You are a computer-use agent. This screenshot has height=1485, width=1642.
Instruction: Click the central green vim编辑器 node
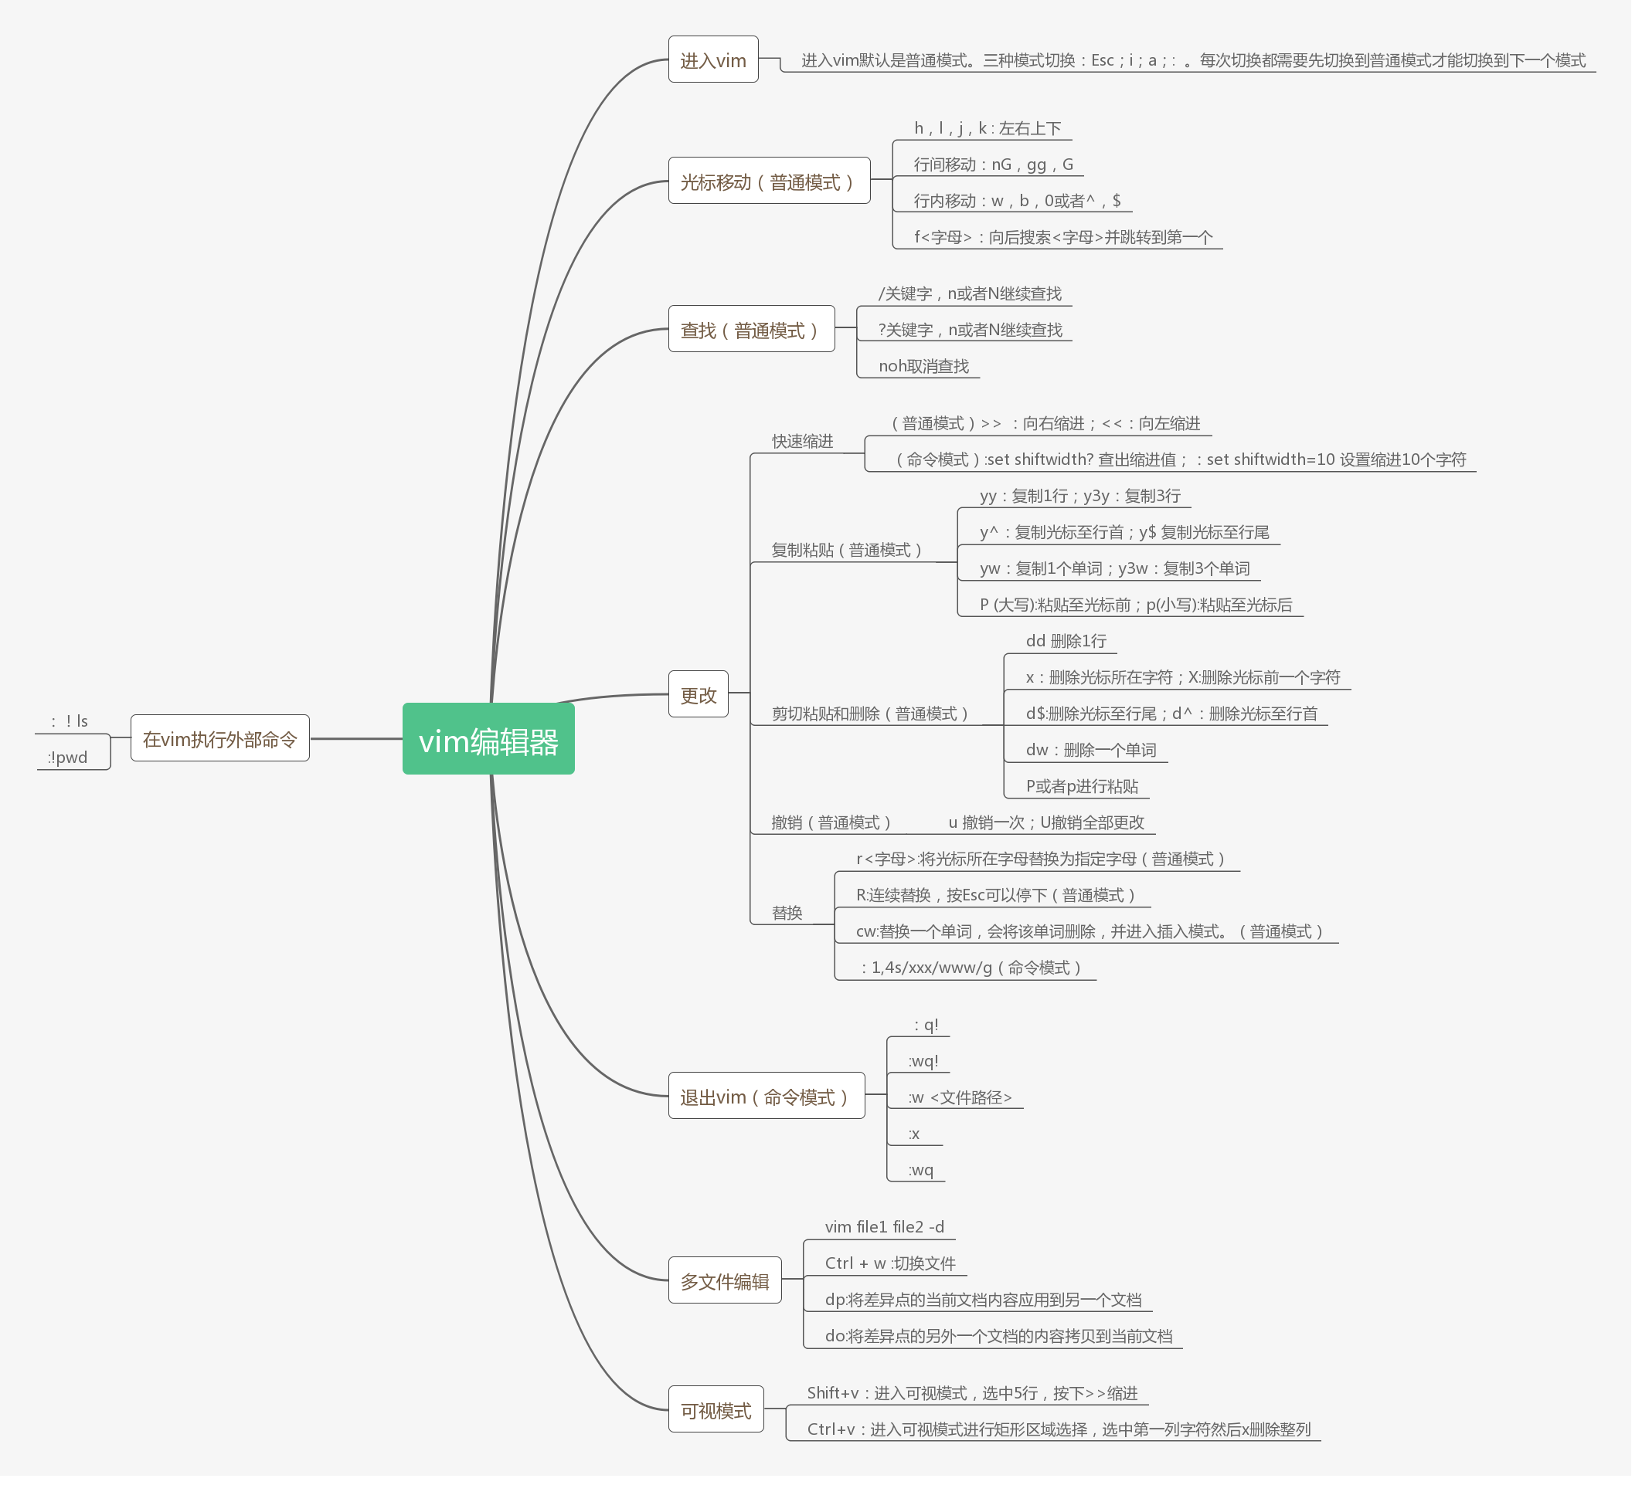click(488, 739)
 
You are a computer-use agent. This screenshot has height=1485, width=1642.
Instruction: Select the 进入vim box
click(712, 60)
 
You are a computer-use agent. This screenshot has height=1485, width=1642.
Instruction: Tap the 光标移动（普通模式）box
click(768, 181)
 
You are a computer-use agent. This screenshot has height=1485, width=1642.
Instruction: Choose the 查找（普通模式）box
click(750, 330)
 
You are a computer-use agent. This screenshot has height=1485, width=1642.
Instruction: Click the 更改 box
click(698, 694)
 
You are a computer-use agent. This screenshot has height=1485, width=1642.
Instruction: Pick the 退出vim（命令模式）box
click(766, 1097)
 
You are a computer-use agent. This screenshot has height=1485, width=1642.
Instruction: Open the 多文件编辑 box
click(724, 1280)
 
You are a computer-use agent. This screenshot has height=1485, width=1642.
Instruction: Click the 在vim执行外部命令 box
click(220, 738)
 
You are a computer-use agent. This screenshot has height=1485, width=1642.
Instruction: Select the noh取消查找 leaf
click(923, 366)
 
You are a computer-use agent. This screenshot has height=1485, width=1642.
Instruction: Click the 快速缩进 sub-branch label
click(802, 441)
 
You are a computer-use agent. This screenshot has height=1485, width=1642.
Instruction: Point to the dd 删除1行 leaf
click(1066, 641)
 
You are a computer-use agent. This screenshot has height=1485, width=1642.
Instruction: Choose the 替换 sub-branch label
click(787, 913)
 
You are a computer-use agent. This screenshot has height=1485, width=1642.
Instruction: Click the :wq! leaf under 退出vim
click(923, 1061)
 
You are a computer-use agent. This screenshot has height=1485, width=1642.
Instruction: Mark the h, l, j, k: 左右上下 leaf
click(988, 128)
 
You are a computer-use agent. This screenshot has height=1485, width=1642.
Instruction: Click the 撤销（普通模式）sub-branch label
click(831, 822)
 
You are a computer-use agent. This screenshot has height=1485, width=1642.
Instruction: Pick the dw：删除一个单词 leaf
click(1090, 750)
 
